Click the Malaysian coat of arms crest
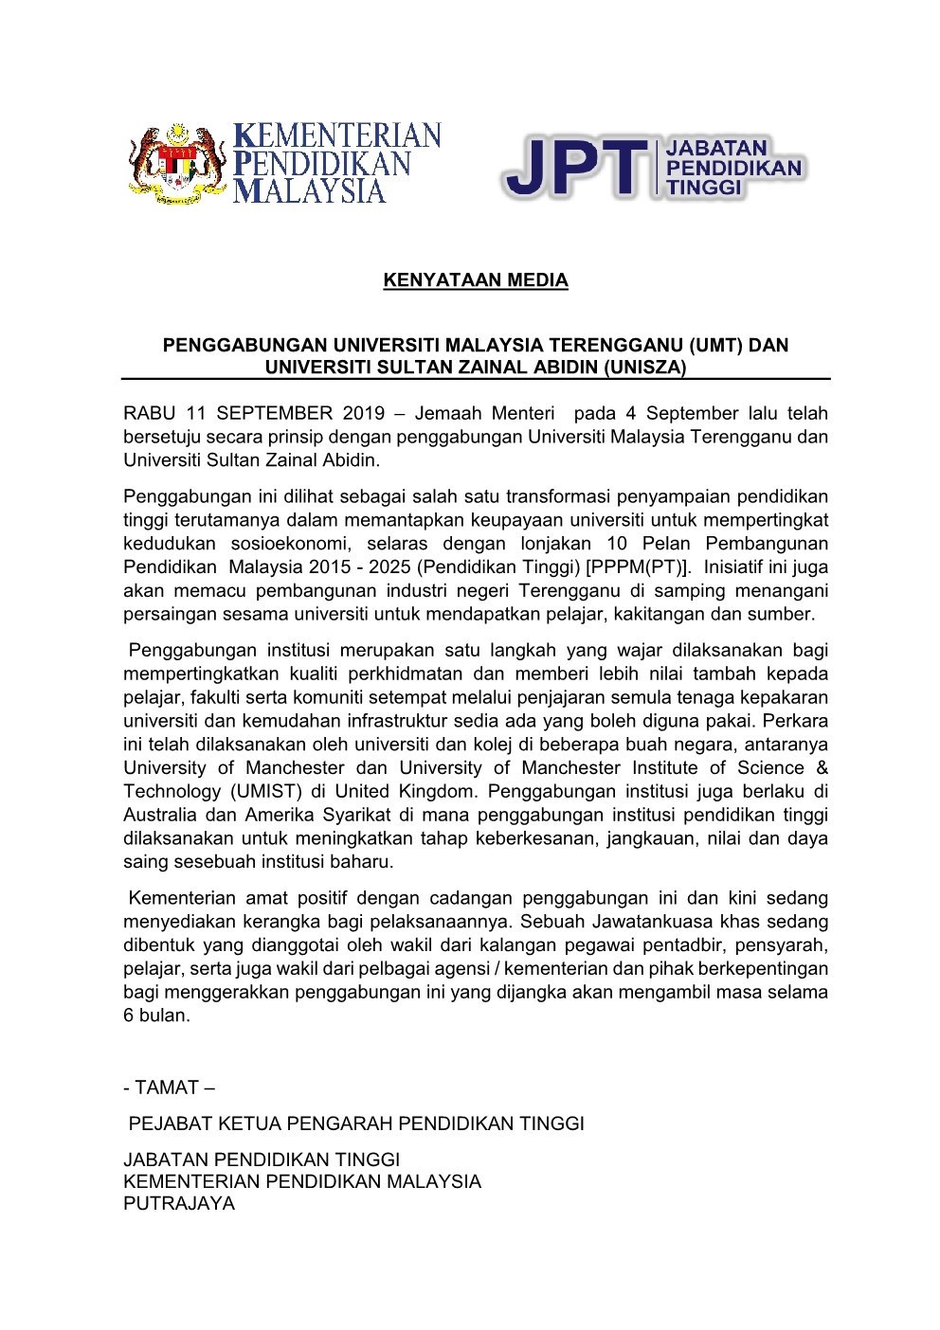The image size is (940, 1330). coord(178,165)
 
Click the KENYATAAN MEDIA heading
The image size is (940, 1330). coord(476,280)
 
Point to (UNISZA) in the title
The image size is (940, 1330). coord(643,368)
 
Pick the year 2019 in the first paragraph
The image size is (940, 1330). coord(357,413)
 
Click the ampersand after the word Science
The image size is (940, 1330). coord(821,767)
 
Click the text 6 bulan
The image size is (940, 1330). coord(156,1015)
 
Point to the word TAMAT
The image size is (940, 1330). coord(167,1087)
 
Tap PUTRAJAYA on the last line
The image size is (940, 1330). coord(179,1203)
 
